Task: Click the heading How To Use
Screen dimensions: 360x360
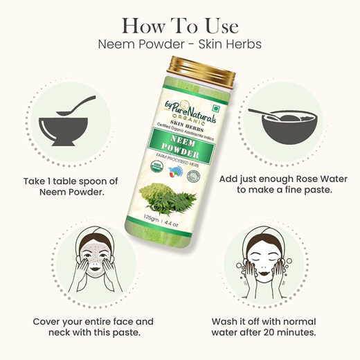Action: click(x=179, y=26)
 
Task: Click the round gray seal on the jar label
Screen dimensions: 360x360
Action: click(x=195, y=177)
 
